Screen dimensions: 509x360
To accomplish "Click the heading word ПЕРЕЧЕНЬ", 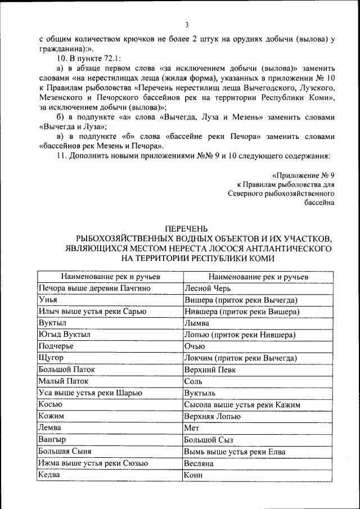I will coord(186,228).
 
